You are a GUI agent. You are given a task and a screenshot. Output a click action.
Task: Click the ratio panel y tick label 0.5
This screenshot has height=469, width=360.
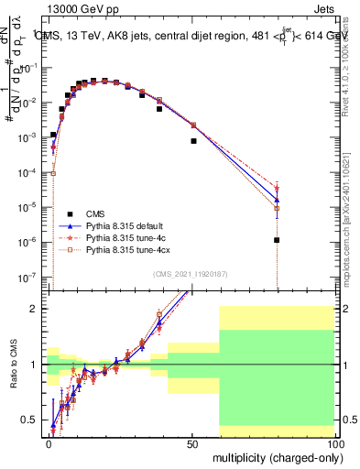coord(31,420)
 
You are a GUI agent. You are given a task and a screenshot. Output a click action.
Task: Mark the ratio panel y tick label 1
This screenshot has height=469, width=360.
coord(35,365)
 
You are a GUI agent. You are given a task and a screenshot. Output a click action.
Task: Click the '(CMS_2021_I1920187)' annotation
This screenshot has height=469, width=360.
coord(191,273)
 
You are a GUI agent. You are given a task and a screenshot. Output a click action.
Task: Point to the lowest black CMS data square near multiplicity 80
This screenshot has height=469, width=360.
coord(277,240)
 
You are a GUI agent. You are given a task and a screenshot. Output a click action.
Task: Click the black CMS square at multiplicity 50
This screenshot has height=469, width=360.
coord(193,141)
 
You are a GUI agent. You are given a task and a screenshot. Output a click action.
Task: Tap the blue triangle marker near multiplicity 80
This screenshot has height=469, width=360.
coord(277,200)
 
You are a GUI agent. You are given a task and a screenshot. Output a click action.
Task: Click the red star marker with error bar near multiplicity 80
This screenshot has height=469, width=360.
coord(277,188)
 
